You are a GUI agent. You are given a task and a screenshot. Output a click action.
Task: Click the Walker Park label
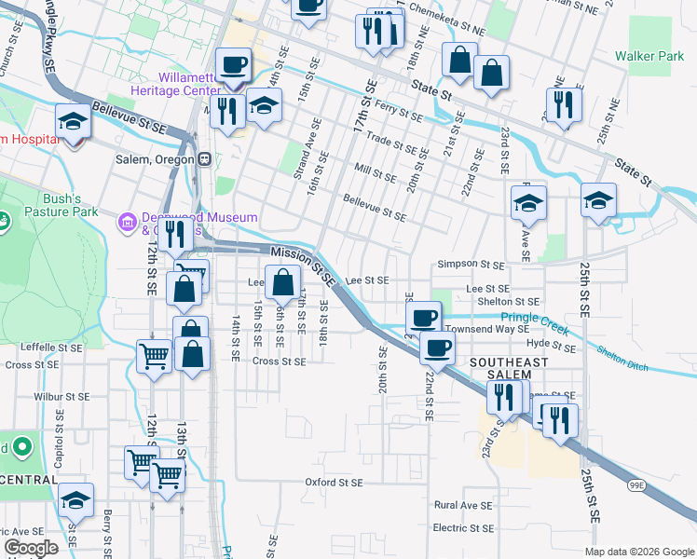pos(649,56)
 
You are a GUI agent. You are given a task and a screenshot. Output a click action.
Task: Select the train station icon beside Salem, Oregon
pos(203,158)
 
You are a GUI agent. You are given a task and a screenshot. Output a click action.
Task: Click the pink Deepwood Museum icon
pos(127,222)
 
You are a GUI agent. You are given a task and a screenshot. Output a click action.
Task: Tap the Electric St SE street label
pos(463,528)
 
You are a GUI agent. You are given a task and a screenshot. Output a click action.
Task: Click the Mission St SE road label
pos(303,266)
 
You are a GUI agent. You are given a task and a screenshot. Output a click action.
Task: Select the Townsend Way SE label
pos(486,329)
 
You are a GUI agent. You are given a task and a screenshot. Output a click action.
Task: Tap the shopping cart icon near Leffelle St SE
pos(153,355)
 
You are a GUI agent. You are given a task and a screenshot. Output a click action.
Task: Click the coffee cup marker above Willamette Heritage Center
pos(233,65)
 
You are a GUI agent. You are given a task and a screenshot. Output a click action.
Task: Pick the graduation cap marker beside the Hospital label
pos(72,122)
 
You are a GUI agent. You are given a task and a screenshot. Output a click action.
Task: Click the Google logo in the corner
pos(31,549)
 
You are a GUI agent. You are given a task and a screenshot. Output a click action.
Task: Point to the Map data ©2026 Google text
pos(638,551)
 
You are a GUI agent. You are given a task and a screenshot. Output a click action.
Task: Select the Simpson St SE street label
pos(476,265)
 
